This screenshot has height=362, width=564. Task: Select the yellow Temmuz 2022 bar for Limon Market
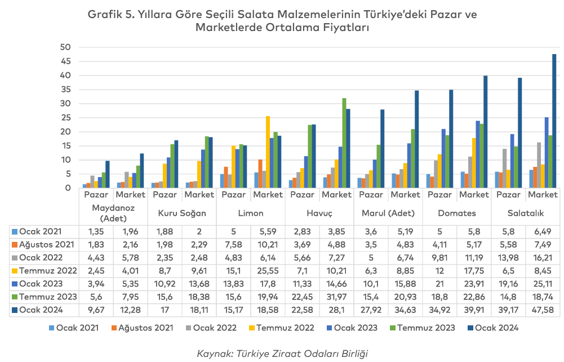pyautogui.click(x=268, y=152)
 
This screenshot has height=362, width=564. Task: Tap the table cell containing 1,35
pyautogui.click(x=96, y=231)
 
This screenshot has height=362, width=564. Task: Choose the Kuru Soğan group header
pyautogui.click(x=181, y=213)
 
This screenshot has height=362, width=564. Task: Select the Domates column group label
pyautogui.click(x=456, y=213)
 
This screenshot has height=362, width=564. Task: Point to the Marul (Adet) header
pyautogui.click(x=388, y=213)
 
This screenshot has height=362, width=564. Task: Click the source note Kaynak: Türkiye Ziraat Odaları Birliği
pyautogui.click(x=282, y=354)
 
